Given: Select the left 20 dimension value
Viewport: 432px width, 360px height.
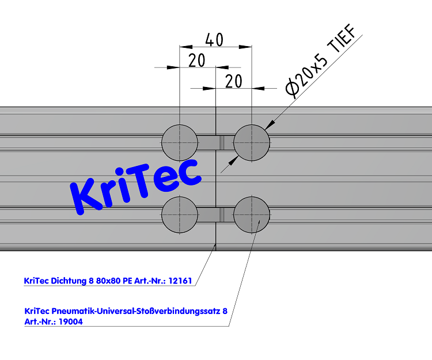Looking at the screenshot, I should click(197, 60).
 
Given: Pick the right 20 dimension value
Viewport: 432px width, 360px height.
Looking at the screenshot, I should click(233, 81).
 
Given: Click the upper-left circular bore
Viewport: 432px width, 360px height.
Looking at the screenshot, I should click(179, 142).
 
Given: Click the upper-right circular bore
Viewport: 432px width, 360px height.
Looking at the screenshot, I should click(252, 142).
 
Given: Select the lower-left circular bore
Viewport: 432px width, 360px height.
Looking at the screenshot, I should click(179, 214).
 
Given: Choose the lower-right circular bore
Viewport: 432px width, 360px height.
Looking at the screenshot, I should click(252, 214).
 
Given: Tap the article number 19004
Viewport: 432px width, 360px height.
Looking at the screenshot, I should click(70, 322).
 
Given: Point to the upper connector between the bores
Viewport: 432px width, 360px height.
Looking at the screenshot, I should click(215, 142).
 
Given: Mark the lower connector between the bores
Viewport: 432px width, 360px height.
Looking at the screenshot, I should click(215, 214).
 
